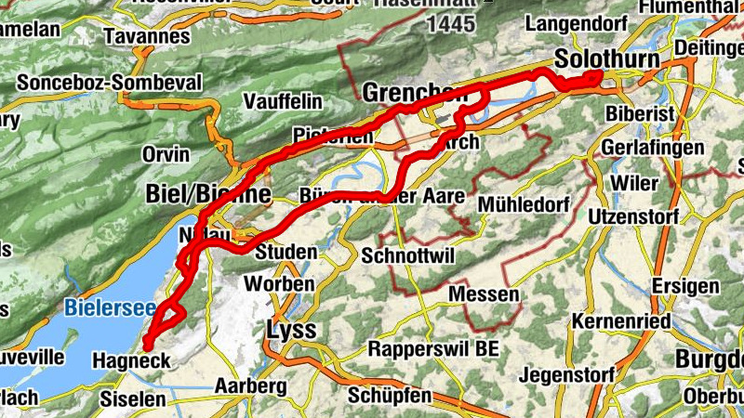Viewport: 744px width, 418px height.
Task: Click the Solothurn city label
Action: [x=606, y=59]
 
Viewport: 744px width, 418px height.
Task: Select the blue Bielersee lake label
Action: [x=104, y=306]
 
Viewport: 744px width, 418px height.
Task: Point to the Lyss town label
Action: [x=292, y=331]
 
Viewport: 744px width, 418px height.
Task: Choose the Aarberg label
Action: [x=248, y=385]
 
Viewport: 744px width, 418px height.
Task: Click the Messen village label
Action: [x=484, y=294]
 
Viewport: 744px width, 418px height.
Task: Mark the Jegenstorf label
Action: [x=565, y=375]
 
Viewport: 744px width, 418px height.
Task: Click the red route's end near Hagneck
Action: [x=148, y=347]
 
